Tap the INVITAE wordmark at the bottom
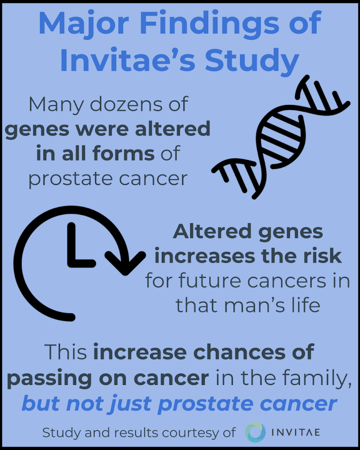pos(297,432)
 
